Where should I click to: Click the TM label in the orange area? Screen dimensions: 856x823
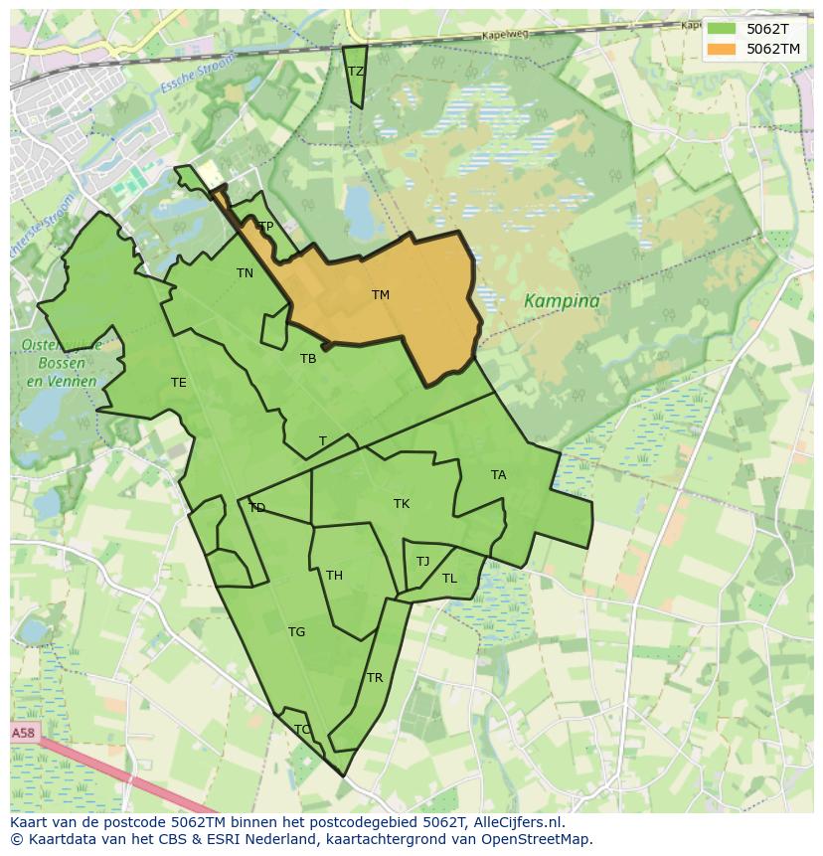(381, 295)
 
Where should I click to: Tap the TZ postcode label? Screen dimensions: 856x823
(356, 72)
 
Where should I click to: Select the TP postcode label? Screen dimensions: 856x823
(265, 227)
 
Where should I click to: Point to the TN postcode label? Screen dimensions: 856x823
(245, 273)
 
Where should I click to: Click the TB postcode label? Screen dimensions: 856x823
(308, 359)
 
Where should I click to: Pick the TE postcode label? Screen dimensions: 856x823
(178, 383)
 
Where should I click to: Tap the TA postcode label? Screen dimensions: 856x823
(498, 475)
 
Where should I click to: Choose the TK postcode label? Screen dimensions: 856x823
(402, 504)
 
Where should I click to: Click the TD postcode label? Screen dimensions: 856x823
(257, 508)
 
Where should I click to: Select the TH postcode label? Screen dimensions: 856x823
(334, 576)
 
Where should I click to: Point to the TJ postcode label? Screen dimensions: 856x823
(422, 562)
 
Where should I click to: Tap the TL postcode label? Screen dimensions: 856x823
(449, 579)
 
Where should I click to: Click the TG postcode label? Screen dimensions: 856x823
(296, 632)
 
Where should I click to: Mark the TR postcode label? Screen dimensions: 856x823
(375, 678)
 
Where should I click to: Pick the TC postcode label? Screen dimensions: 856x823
(302, 730)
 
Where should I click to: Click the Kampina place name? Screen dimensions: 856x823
(562, 301)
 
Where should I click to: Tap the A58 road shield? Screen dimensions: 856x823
(23, 733)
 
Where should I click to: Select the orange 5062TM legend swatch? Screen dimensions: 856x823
(722, 49)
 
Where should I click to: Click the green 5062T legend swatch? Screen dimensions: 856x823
(722, 30)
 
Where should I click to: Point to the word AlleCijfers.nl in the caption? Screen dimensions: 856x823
(516, 822)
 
